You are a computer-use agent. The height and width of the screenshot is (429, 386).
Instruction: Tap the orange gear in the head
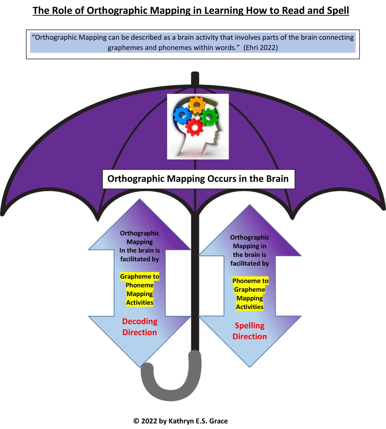(196, 105)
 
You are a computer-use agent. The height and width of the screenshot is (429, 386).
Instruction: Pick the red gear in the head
(195, 127)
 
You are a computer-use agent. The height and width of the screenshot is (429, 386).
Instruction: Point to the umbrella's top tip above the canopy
(195, 77)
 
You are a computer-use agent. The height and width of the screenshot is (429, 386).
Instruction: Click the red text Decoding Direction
(139, 327)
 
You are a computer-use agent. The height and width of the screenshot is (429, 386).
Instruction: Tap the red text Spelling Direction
(249, 331)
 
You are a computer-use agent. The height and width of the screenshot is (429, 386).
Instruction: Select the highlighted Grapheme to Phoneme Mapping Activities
(139, 289)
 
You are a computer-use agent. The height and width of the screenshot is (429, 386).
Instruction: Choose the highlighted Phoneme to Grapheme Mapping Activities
(250, 294)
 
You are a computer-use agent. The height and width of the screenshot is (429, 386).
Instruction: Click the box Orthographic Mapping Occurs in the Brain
(198, 179)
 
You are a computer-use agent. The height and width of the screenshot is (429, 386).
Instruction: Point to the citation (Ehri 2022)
(260, 48)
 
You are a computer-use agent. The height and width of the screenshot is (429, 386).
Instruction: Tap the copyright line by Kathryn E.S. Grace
(181, 421)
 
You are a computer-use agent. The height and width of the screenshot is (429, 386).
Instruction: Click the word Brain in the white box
(277, 179)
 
